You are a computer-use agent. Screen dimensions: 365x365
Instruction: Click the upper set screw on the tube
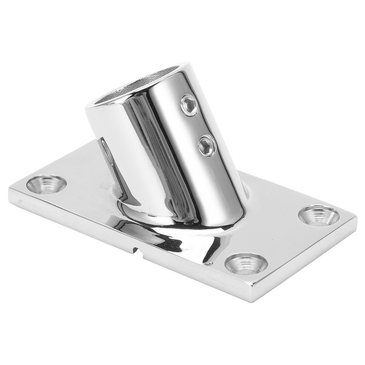[189, 105]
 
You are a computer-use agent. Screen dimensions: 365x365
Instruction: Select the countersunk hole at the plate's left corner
[46, 184]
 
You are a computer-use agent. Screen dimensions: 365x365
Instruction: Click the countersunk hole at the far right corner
[319, 215]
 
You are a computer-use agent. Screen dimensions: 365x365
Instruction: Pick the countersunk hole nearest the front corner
[246, 263]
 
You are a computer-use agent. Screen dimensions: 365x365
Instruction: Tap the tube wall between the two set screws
[198, 125]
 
